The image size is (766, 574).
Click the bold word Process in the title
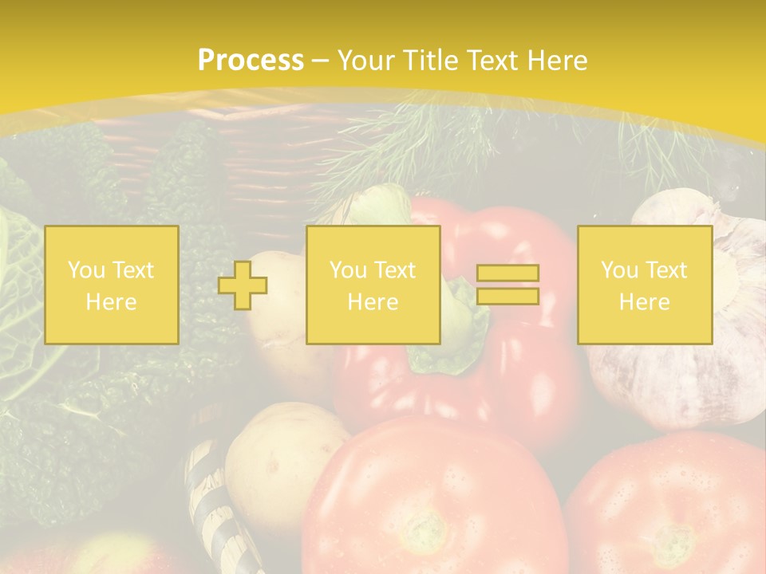(251, 61)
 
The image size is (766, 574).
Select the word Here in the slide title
(558, 61)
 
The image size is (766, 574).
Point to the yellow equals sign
(507, 285)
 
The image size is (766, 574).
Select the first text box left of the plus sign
(112, 285)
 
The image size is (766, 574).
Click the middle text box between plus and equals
(373, 285)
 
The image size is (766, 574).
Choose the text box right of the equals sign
(645, 285)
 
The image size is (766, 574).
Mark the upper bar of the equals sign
(507, 273)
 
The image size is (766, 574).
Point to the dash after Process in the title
(321, 61)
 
